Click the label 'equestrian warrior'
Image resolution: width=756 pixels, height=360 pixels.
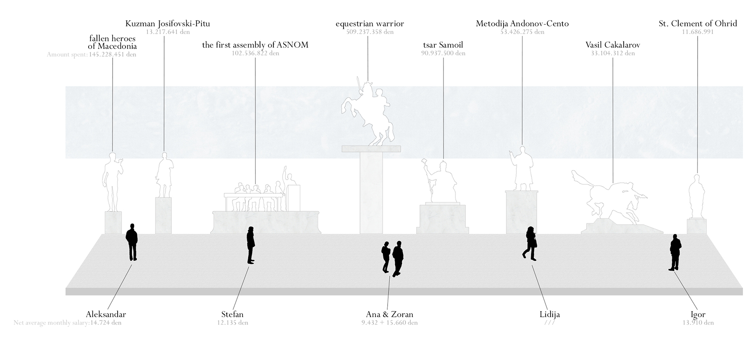click(370, 24)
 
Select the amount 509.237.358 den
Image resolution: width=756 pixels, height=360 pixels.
click(370, 32)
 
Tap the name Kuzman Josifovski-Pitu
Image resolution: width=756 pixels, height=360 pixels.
click(168, 24)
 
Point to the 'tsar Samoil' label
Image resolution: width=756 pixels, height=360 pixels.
click(443, 45)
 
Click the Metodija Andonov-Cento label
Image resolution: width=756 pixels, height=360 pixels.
click(522, 24)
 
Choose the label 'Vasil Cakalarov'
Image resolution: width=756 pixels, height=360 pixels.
click(612, 45)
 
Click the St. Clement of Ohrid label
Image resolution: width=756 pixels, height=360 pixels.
click(698, 24)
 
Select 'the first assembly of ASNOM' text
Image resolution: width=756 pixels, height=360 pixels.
click(255, 45)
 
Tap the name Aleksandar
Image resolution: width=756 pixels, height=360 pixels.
click(106, 314)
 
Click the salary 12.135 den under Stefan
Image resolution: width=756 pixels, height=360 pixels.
click(232, 323)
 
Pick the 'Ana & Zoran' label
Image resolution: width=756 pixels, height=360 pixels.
click(389, 314)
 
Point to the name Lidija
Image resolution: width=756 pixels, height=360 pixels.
click(549, 314)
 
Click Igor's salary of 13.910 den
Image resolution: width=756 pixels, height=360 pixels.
click(698, 323)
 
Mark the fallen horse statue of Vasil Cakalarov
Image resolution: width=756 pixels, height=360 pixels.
click(609, 197)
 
